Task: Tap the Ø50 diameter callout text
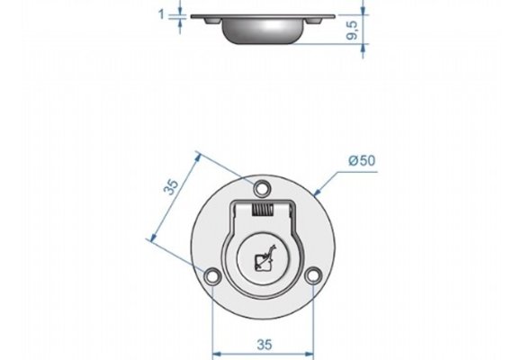tap(361, 160)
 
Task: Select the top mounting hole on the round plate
tap(262, 189)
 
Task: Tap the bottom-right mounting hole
tap(312, 276)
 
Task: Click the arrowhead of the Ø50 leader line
tap(321, 191)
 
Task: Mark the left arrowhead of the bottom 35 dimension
tap(215, 351)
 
